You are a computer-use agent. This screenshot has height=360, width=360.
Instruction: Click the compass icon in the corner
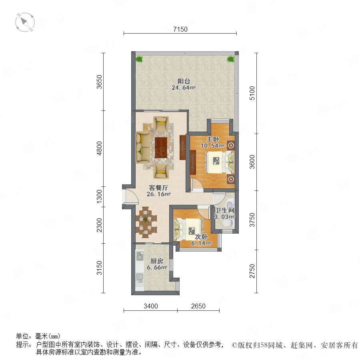[x=25, y=22]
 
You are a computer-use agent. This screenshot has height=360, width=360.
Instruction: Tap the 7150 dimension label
[x=180, y=29]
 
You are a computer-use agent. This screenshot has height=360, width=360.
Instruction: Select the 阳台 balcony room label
[x=184, y=81]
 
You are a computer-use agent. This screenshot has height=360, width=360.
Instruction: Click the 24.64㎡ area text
[x=184, y=88]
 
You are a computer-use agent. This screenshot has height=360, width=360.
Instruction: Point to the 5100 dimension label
[x=252, y=93]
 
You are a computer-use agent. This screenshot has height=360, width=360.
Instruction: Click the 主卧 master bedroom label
[x=213, y=139]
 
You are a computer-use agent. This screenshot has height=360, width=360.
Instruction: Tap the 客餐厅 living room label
[x=158, y=188]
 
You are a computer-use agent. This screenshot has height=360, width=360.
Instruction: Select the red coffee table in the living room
[x=161, y=147]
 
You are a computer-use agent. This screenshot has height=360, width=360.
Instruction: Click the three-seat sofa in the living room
[x=143, y=147]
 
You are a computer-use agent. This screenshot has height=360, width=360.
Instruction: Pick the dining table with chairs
[x=146, y=222]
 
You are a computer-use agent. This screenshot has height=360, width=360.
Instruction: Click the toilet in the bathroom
[x=228, y=222]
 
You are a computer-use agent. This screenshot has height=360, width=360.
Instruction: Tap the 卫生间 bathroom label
[x=224, y=210]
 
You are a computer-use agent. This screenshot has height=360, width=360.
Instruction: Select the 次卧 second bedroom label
[x=201, y=237]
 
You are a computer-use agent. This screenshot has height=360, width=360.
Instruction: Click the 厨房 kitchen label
[x=157, y=261]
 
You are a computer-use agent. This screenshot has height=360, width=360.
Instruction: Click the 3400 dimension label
[x=151, y=306]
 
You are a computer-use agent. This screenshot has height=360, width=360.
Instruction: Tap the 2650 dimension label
[x=198, y=306]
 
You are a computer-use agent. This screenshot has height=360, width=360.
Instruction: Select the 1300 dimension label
[x=99, y=196]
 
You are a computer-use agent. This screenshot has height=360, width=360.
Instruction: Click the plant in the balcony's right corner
[x=230, y=59]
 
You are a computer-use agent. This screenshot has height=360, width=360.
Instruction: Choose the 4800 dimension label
[x=99, y=148]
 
